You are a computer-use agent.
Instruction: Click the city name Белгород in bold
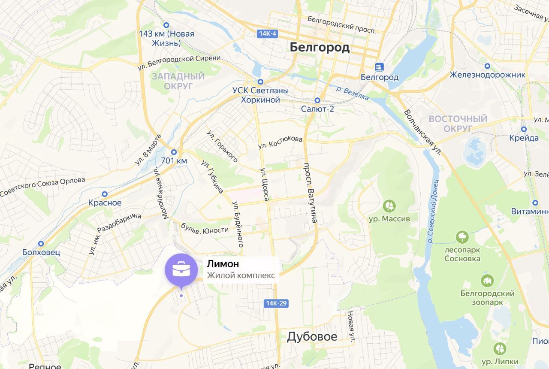click(320, 47)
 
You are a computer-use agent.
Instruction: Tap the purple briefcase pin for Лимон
click(181, 270)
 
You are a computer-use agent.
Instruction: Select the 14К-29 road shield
click(276, 303)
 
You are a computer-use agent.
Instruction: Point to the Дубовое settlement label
click(312, 337)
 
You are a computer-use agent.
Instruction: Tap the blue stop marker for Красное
click(105, 194)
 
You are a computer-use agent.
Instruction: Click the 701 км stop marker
click(174, 152)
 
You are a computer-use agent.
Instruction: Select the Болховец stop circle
click(41, 244)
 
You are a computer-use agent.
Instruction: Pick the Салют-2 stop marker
click(317, 100)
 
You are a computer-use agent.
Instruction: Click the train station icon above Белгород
click(379, 67)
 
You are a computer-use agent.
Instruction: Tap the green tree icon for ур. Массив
click(389, 206)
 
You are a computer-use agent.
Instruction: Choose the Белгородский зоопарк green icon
click(487, 281)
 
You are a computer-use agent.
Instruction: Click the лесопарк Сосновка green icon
click(462, 237)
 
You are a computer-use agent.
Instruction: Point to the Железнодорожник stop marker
click(487, 66)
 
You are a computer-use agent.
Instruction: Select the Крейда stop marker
click(524, 129)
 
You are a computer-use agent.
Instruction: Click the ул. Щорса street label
click(265, 184)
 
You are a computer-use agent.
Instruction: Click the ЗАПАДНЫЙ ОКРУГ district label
click(178, 81)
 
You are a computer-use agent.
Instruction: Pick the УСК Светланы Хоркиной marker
click(260, 82)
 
